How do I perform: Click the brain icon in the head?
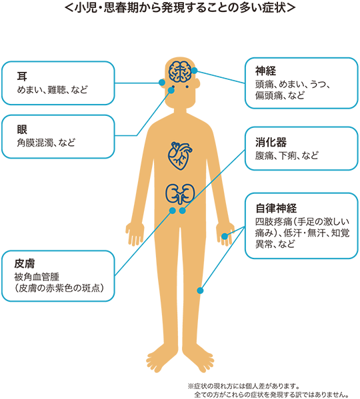click(180, 71)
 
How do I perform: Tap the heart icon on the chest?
click(180, 156)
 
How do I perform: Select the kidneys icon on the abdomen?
click(180, 194)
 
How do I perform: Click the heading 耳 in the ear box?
click(22, 76)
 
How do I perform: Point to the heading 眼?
click(22, 129)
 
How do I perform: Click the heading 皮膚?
click(25, 264)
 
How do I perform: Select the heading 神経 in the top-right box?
click(265, 71)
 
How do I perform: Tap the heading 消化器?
click(271, 143)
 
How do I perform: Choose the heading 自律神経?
click(276, 208)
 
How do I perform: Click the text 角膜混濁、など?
click(46, 143)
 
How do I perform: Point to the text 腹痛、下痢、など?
click(287, 155)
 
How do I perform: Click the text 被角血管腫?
click(37, 276)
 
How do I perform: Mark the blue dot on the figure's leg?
click(200, 290)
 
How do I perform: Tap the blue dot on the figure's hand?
click(224, 236)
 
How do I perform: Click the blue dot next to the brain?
click(194, 71)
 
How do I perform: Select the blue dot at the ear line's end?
click(162, 83)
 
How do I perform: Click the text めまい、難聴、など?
click(53, 89)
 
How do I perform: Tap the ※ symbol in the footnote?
click(191, 386)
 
